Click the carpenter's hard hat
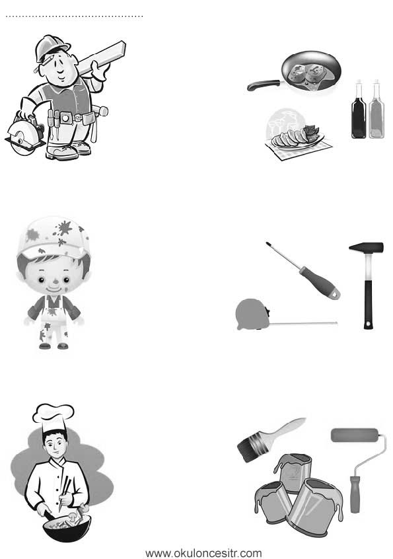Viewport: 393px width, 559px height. point(52,48)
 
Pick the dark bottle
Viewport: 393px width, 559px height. point(359,110)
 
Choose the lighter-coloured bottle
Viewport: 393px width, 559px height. point(376,110)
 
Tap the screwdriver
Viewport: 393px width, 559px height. point(303,271)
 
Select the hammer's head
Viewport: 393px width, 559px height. point(366,247)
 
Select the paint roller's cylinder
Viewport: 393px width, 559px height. point(355,435)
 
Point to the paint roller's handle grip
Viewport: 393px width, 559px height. point(355,494)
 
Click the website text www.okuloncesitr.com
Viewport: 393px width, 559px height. point(203,553)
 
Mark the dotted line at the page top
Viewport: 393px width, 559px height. point(74,17)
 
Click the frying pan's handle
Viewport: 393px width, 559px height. point(264,85)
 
